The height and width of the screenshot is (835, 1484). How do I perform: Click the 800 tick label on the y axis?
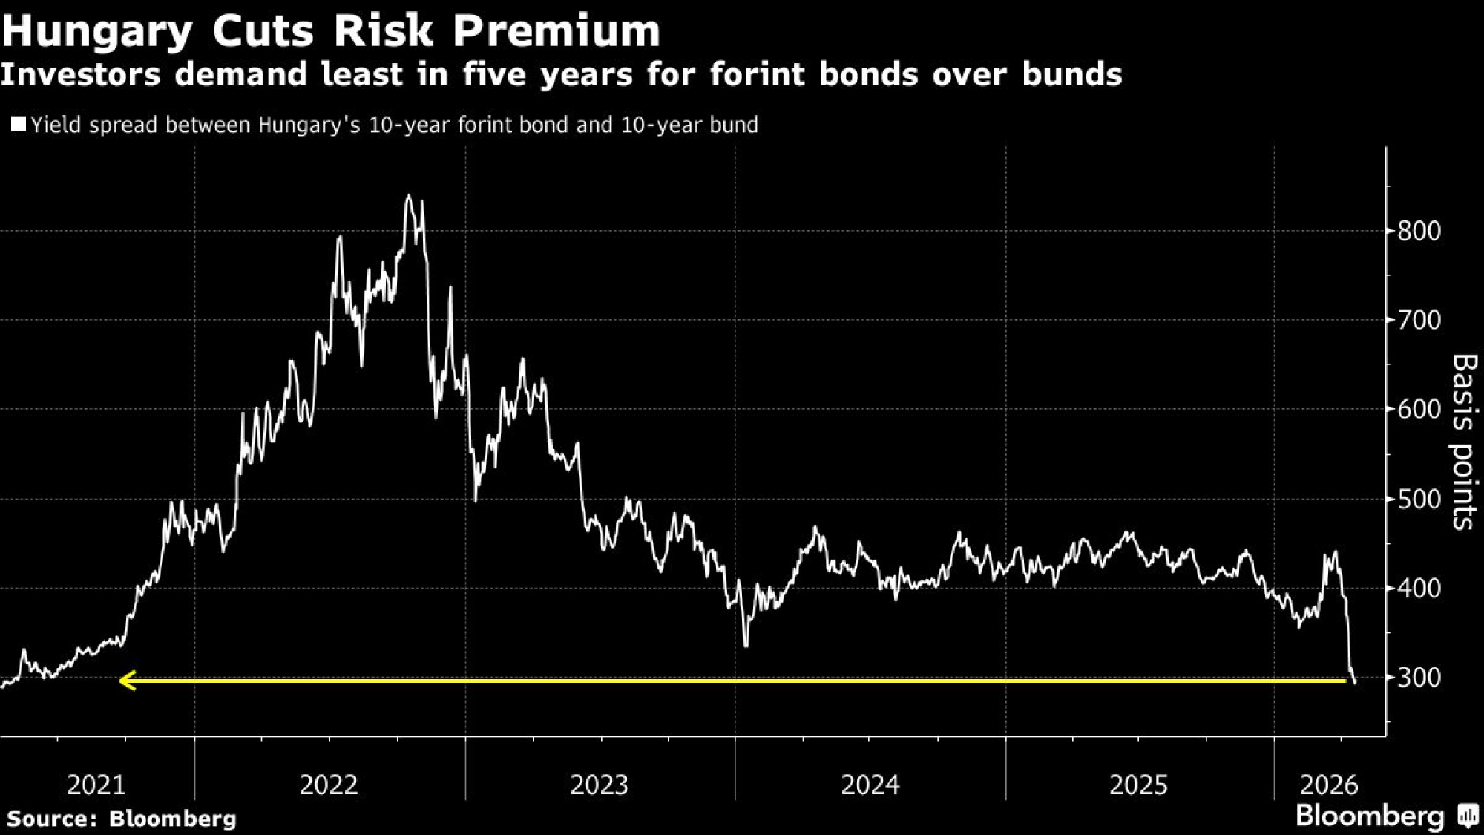[1419, 231]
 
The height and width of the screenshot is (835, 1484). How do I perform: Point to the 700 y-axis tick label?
[1419, 321]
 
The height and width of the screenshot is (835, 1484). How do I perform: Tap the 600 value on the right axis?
[1419, 410]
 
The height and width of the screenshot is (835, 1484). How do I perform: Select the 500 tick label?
[1419, 500]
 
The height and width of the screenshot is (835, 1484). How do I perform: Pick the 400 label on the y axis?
[1419, 589]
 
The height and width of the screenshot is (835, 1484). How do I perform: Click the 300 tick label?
[1419, 678]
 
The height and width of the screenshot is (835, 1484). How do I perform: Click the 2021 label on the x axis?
[96, 785]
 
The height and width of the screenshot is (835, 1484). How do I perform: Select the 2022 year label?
[329, 785]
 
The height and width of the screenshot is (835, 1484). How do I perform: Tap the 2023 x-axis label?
[600, 785]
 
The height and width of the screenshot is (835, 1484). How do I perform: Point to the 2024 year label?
[870, 785]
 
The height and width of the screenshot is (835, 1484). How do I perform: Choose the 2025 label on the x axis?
[1139, 785]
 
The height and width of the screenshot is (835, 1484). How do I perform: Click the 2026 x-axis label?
[1329, 785]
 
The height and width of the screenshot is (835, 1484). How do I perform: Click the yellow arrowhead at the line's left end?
[127, 680]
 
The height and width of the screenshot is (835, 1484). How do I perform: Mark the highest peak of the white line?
[408, 197]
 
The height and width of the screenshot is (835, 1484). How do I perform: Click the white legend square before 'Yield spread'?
[19, 124]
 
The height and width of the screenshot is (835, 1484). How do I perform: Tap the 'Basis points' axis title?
[1463, 442]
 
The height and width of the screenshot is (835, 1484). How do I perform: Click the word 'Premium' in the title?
[556, 31]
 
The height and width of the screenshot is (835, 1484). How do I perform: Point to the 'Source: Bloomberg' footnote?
[122, 819]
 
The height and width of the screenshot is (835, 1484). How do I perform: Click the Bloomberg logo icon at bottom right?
[1468, 816]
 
